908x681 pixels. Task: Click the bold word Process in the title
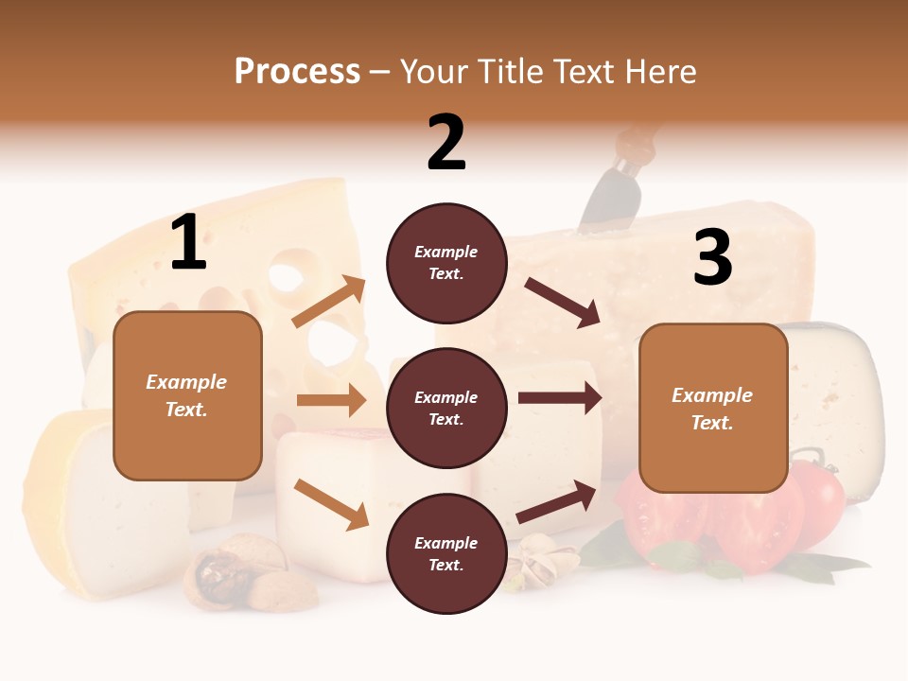click(297, 71)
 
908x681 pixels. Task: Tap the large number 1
click(188, 243)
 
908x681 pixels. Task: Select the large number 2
click(446, 143)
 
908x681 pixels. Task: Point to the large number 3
click(712, 258)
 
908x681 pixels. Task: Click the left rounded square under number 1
click(187, 395)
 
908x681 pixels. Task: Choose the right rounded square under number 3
click(713, 409)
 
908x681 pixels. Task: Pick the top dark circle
click(446, 263)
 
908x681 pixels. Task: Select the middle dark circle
click(446, 409)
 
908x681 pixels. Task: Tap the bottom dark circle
click(446, 554)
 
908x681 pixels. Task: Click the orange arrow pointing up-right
click(329, 302)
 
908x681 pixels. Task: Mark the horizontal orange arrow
click(331, 400)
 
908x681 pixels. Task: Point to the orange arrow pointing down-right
click(331, 504)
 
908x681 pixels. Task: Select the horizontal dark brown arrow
click(560, 398)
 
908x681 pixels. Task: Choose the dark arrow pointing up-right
click(557, 501)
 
